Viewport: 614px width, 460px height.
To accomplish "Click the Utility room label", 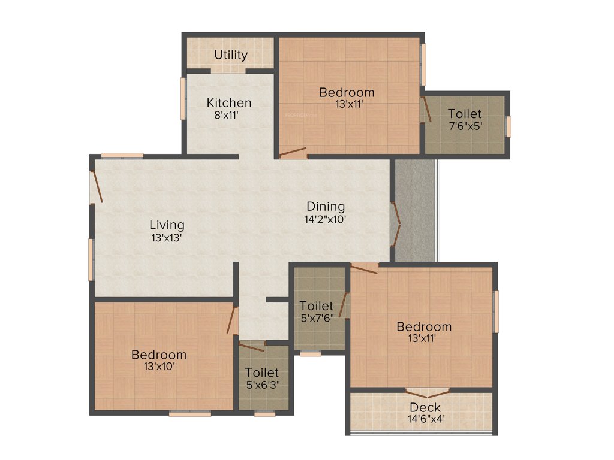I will [231, 55].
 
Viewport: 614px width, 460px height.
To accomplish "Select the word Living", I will [167, 225].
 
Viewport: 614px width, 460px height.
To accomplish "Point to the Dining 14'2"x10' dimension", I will [326, 219].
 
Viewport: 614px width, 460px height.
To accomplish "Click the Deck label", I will [425, 408].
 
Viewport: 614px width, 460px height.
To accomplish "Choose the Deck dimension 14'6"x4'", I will [425, 419].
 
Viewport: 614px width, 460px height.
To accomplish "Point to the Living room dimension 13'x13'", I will [167, 237].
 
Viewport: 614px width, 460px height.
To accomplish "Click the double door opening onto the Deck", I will [427, 392].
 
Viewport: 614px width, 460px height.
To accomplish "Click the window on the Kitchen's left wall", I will [183, 98].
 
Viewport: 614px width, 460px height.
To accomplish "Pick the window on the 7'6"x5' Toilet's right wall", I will [508, 126].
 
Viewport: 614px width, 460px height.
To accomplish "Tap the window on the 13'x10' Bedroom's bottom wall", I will [189, 413].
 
